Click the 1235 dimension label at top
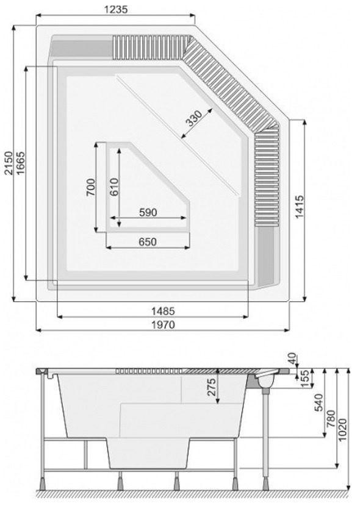click(115, 9)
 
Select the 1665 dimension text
click(20, 163)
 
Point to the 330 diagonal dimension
click(193, 118)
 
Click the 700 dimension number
click(90, 187)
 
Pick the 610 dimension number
click(114, 187)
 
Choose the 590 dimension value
click(148, 212)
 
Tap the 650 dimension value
click(148, 242)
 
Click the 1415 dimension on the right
click(300, 207)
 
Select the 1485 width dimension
click(163, 311)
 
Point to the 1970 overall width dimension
click(163, 325)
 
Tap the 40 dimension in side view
click(292, 359)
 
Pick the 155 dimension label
click(305, 379)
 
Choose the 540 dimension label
click(319, 402)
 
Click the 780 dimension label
click(331, 418)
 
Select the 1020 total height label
click(342, 430)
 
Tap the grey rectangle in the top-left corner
click(81, 49)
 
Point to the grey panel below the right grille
click(266, 256)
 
